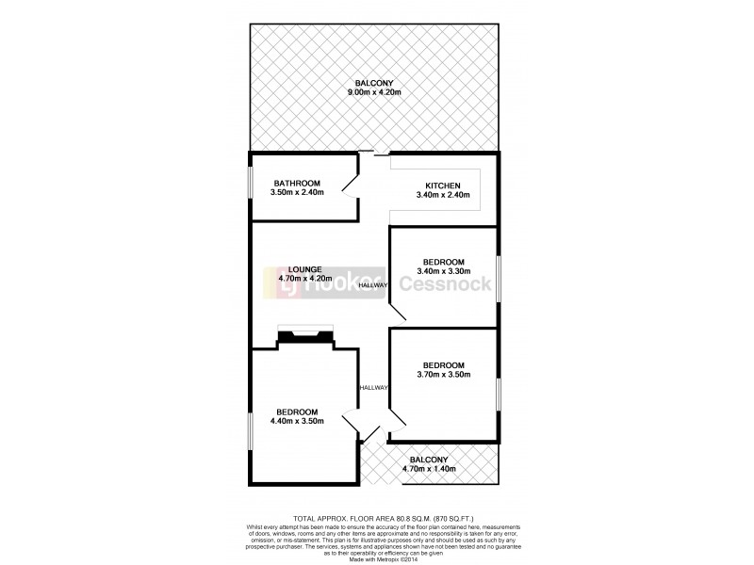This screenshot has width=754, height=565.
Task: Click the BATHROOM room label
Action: click(x=298, y=183)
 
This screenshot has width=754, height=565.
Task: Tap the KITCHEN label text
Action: click(x=442, y=185)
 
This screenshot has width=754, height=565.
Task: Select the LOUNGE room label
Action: click(x=306, y=267)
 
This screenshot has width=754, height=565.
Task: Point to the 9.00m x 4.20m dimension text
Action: click(x=373, y=92)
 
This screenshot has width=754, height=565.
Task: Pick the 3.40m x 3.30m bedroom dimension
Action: click(x=443, y=271)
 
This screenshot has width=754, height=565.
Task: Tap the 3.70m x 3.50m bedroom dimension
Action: click(x=443, y=375)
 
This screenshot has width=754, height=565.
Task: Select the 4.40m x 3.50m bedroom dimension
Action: click(x=297, y=421)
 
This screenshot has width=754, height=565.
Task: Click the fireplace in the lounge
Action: click(x=305, y=334)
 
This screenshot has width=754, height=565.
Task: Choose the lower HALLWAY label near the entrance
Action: click(x=373, y=387)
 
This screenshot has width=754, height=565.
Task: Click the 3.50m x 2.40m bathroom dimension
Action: click(x=298, y=193)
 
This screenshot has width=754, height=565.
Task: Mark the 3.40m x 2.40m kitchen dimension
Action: click(x=442, y=195)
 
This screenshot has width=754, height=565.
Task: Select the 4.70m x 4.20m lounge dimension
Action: click(x=306, y=278)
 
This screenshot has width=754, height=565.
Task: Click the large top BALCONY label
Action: click(x=373, y=83)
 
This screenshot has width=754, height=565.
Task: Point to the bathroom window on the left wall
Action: click(x=250, y=184)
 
